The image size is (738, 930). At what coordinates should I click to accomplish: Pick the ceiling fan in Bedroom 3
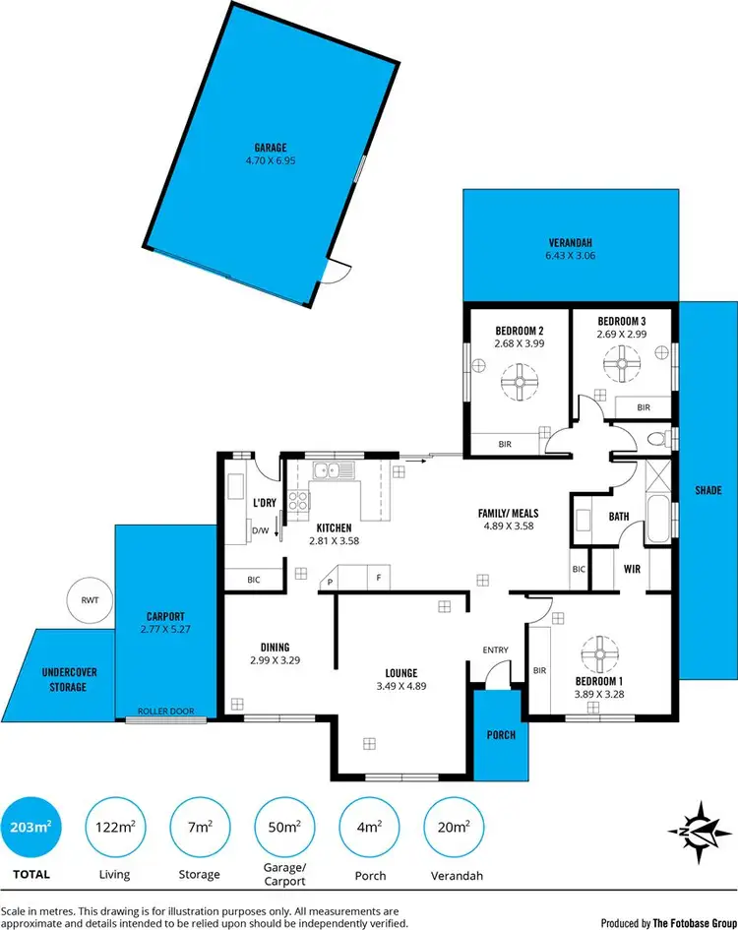(x=621, y=367)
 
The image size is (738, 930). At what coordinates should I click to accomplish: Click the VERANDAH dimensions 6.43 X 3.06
(x=572, y=256)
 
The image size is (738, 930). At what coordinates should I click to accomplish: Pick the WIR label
(x=633, y=569)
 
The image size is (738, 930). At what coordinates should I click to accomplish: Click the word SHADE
(x=707, y=490)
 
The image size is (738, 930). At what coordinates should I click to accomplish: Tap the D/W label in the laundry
(x=261, y=532)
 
